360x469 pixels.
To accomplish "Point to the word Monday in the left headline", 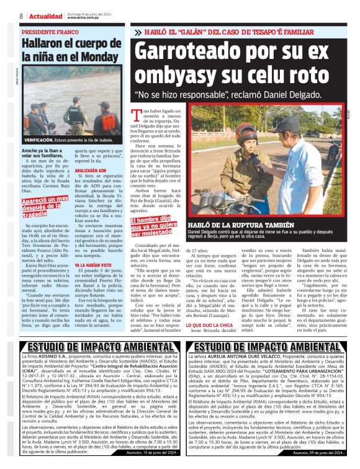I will (93, 56).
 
